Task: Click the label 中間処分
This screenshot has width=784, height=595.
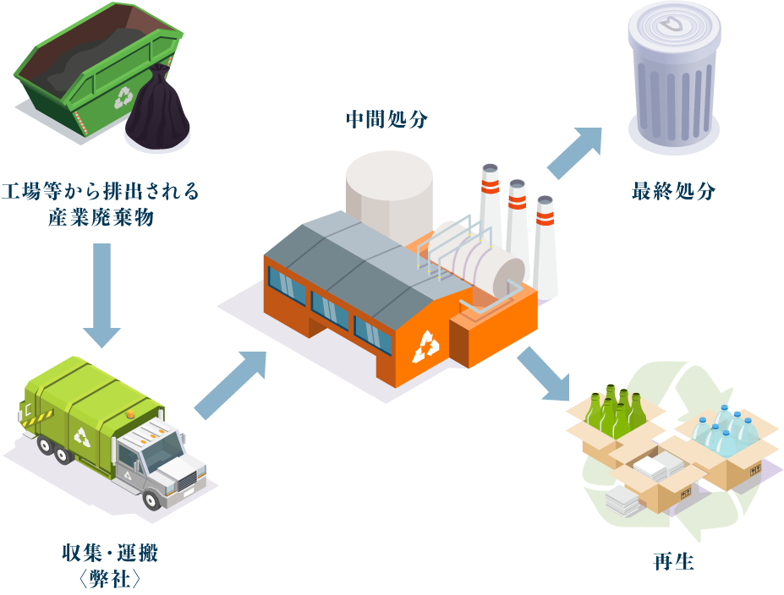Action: click(387, 119)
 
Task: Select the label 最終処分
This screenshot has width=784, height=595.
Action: click(673, 192)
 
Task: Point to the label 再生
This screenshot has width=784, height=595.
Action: click(673, 561)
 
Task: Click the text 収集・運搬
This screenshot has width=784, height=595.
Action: click(110, 554)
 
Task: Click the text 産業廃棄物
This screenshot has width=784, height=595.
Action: click(101, 217)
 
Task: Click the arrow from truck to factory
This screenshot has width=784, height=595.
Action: click(231, 385)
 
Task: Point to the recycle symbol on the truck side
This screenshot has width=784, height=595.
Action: click(82, 436)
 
